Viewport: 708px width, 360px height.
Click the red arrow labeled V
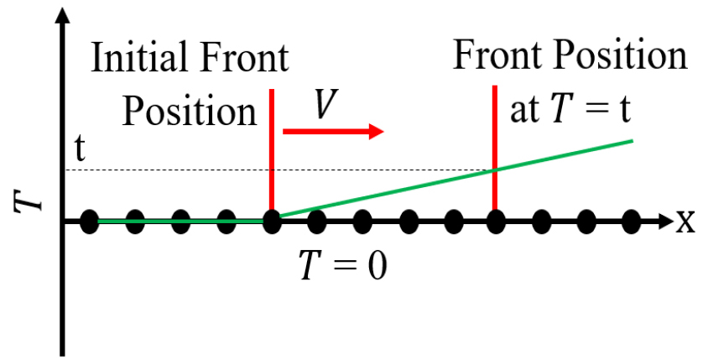point(333,132)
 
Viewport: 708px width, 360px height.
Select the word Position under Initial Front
point(190,112)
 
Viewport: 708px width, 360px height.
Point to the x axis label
point(685,222)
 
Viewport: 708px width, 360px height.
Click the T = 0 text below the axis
point(343,265)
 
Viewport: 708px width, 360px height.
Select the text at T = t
point(570,109)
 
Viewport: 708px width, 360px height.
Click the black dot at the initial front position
point(271,222)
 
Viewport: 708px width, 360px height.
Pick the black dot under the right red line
point(495,222)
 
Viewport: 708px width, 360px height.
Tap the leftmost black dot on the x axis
point(90,222)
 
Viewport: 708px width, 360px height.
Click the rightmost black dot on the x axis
point(631,222)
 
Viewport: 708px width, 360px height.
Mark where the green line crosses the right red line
point(495,170)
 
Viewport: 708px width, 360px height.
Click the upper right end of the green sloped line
point(633,141)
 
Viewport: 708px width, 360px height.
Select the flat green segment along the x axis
point(180,222)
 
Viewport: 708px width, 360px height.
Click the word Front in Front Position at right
point(500,55)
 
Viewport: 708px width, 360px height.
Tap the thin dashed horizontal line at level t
point(280,170)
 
